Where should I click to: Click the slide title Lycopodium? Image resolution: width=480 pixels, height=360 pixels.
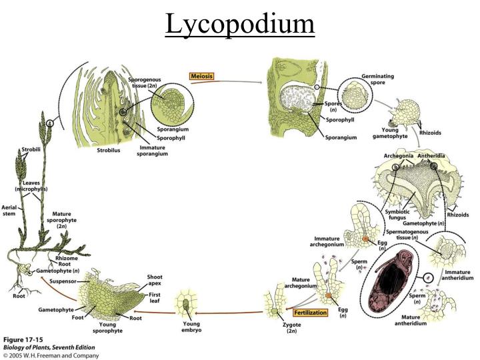tap(239, 25)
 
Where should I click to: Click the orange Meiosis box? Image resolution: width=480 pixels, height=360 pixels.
tap(202, 77)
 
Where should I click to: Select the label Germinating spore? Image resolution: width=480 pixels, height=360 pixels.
tap(377, 79)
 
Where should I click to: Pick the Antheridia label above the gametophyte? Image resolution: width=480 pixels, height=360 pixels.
tap(431, 156)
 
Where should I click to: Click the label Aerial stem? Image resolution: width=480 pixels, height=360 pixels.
tap(9, 210)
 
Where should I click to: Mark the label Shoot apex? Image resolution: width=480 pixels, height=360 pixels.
tap(154, 280)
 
